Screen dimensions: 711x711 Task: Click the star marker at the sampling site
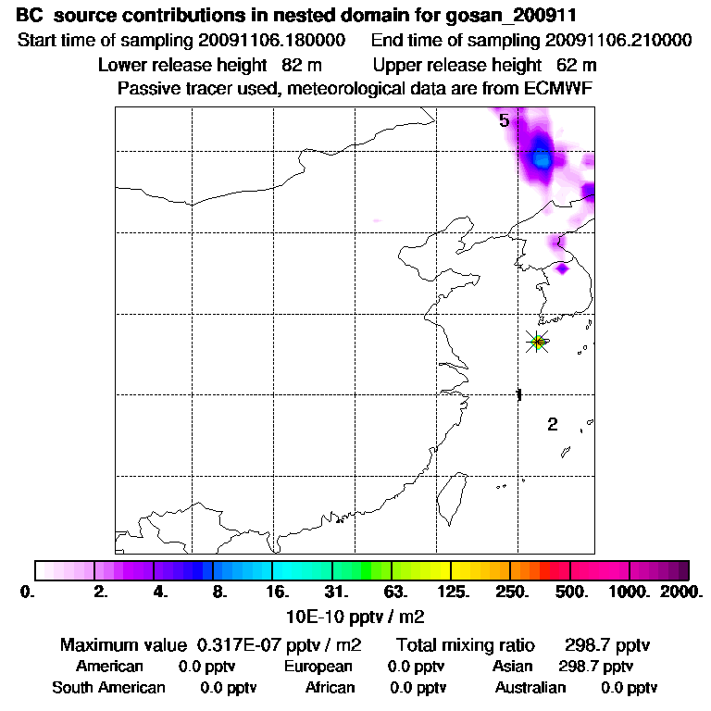537,342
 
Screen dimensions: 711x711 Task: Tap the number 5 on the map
505,120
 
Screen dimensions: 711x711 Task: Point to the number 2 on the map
553,425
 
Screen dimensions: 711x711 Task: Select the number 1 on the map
519,395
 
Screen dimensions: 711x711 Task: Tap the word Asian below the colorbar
514,667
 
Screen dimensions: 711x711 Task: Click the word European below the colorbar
318,667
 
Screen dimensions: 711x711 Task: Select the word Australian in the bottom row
530,688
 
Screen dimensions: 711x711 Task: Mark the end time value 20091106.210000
618,42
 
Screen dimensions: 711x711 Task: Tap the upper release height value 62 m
576,66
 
